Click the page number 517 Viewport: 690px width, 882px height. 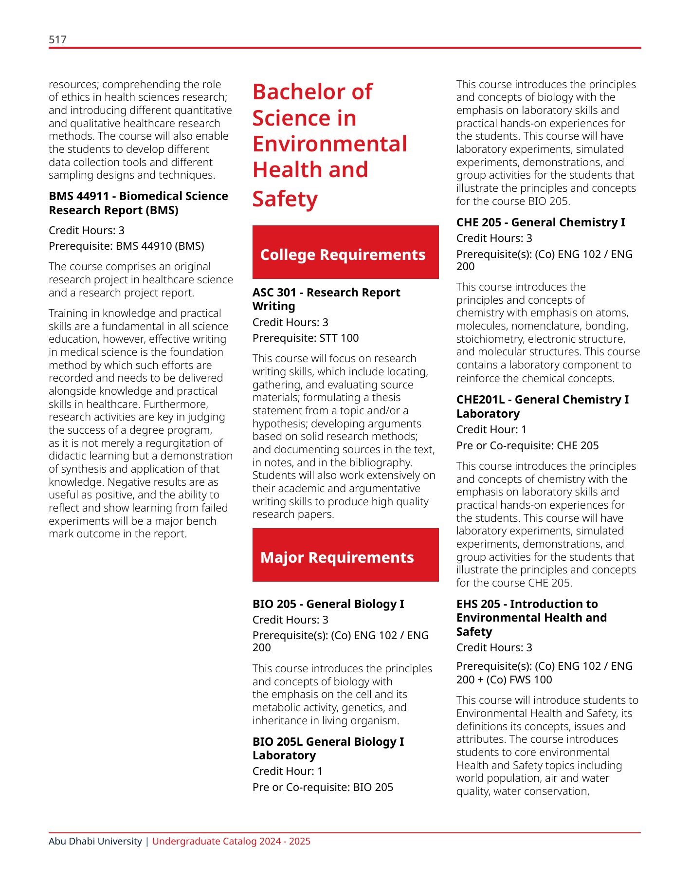coord(57,39)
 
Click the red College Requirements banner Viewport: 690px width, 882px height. coord(345,252)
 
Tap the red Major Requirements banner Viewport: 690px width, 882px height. coord(345,555)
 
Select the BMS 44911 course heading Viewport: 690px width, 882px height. coord(138,203)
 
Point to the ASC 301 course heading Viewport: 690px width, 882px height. coord(326,299)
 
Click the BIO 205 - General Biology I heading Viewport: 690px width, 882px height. coord(328,604)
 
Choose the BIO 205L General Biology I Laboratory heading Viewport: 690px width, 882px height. coord(328,749)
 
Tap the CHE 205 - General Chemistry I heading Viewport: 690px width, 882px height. coord(541,222)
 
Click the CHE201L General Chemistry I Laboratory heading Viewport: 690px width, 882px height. coord(542,406)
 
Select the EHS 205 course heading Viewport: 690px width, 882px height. coord(531,618)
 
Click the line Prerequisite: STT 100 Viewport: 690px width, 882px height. coord(305,338)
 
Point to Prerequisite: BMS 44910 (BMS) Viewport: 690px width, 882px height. coord(126,246)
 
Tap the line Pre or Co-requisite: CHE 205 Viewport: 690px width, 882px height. coord(527,446)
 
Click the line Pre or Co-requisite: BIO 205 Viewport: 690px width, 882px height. coord(323,788)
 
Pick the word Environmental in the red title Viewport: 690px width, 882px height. coord(329,144)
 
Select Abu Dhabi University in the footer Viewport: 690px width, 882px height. coord(95,842)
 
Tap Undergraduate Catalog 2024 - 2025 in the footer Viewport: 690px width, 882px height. coord(231,842)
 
